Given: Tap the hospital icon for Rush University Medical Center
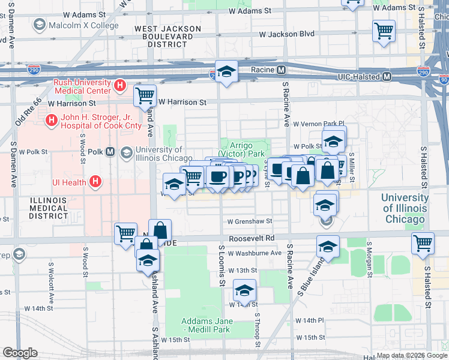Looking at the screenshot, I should tap(120, 86).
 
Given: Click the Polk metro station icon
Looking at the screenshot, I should tap(110, 152).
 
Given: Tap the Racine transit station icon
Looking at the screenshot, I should tap(281, 70).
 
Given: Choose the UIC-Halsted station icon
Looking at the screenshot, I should tap(387, 77).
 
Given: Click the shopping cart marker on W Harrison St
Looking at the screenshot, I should tap(145, 95).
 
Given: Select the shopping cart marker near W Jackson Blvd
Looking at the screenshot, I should tap(384, 30).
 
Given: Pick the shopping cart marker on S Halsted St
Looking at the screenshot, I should tap(423, 243).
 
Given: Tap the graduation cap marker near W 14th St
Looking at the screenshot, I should tap(244, 290).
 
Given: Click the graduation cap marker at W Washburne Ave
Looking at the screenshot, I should tap(328, 246).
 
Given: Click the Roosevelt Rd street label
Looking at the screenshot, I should tap(255, 238).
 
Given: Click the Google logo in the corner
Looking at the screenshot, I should tap(20, 353).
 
